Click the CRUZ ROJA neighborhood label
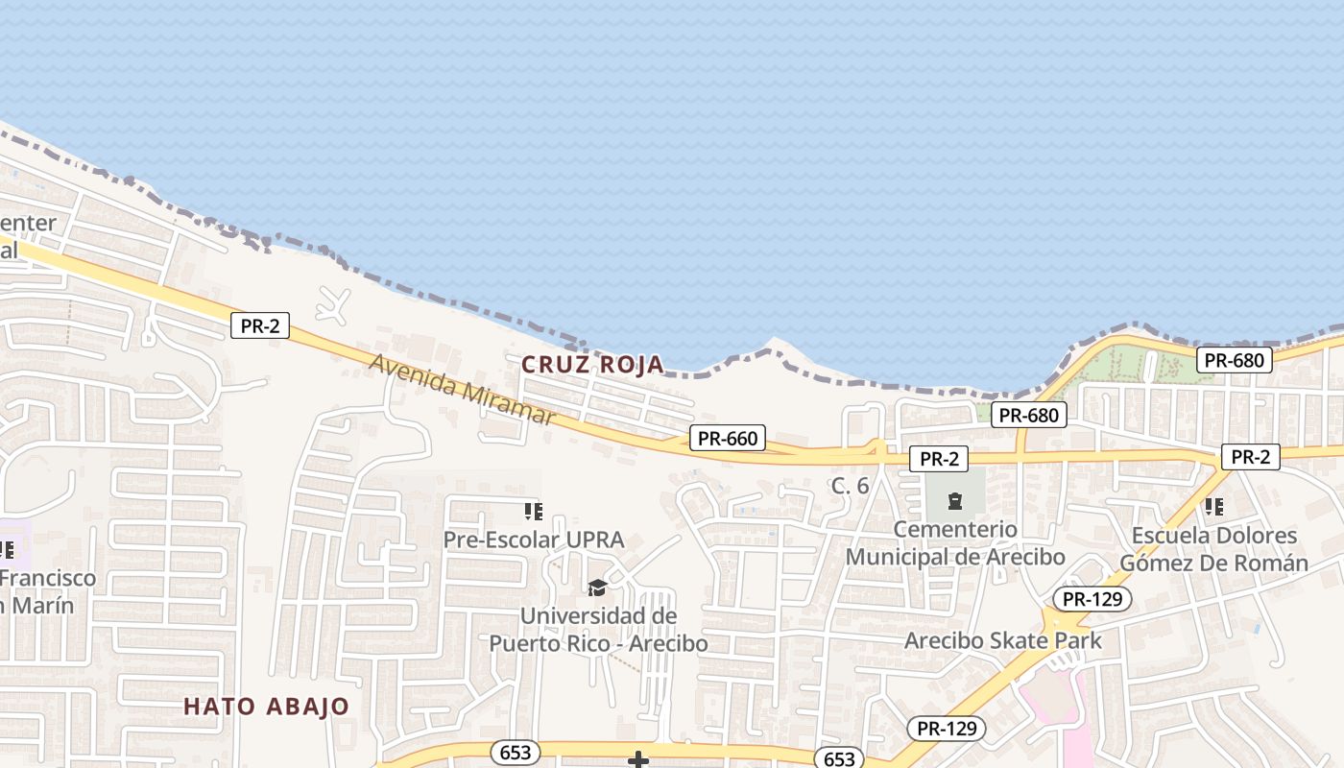point(592,365)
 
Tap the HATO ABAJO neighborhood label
point(267,707)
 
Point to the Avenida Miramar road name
point(462,390)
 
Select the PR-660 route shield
point(728,439)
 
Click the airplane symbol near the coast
point(334,303)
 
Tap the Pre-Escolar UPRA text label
point(534,540)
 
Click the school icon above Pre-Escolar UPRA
point(534,511)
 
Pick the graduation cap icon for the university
point(597,588)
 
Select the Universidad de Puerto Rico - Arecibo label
point(598,630)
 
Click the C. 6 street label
point(850,486)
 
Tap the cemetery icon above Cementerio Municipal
point(955,500)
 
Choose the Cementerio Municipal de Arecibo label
point(955,543)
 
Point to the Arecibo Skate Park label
point(1003,640)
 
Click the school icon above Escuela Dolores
point(1214,505)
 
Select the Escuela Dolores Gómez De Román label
point(1214,549)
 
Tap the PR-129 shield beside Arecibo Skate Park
point(1092,599)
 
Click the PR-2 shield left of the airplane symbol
point(260,325)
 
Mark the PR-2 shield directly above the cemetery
point(939,459)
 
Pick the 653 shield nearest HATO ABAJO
point(516,753)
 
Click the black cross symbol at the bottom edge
point(638,760)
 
